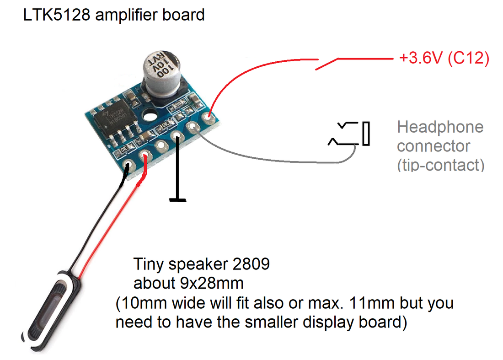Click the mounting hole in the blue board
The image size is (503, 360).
[150, 116]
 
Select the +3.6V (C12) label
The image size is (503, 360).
[444, 58]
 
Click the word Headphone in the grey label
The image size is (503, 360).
[440, 127]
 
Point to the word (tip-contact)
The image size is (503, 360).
[441, 165]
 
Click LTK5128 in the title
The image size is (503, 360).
[57, 15]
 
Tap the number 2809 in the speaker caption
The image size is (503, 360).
[251, 264]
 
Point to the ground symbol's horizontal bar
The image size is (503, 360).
[178, 200]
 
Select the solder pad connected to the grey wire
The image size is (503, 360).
[193, 127]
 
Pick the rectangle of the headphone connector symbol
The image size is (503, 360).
[366, 134]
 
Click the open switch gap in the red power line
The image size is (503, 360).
[328, 64]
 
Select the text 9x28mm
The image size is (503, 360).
[212, 283]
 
